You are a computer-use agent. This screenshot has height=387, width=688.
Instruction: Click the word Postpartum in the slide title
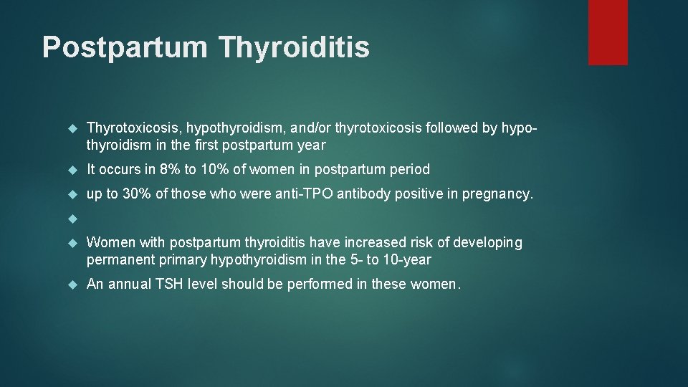click(x=125, y=47)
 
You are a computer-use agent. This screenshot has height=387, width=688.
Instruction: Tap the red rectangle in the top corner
click(x=608, y=32)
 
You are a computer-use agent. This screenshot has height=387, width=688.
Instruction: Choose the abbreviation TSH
click(x=169, y=285)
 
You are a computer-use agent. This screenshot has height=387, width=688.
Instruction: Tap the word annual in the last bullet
click(x=126, y=285)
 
